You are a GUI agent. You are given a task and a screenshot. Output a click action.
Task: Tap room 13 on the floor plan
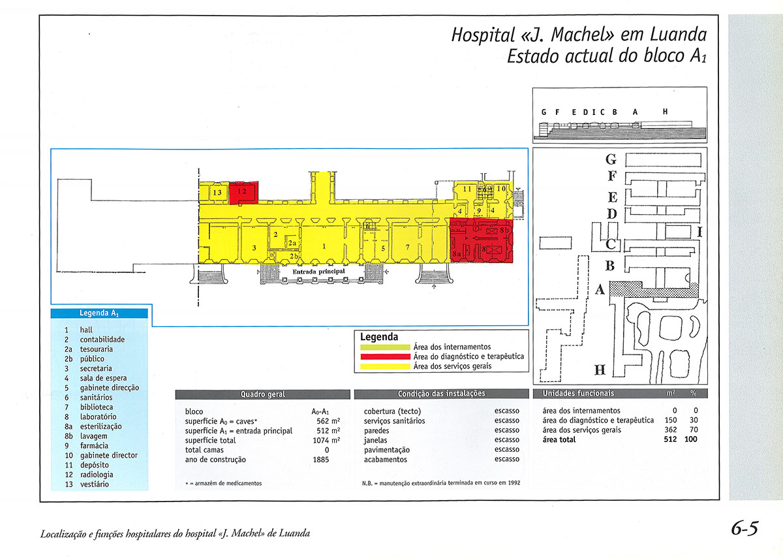point(217,193)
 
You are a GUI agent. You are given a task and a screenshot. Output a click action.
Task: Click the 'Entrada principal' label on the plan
point(318,271)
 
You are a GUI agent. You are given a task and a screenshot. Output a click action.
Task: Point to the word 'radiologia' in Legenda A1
point(97,475)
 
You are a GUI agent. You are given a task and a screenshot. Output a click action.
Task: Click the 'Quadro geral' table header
point(263,394)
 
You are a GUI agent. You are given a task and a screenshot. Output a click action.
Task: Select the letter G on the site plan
point(611,159)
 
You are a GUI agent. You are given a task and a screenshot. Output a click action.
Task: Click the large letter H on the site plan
point(600,371)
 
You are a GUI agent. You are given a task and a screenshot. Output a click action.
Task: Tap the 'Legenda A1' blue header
point(99,313)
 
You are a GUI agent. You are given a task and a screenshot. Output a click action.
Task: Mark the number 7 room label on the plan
point(407,247)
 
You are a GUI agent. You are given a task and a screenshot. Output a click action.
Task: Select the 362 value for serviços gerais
point(668,430)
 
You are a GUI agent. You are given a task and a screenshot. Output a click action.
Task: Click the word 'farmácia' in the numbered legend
point(95,446)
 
